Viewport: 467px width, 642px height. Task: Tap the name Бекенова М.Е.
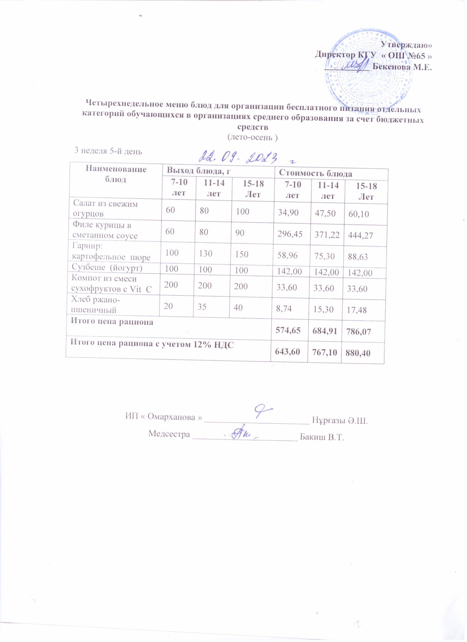coord(402,67)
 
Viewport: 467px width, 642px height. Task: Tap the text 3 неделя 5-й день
coord(108,151)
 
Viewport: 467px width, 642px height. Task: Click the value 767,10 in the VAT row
coord(323,353)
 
